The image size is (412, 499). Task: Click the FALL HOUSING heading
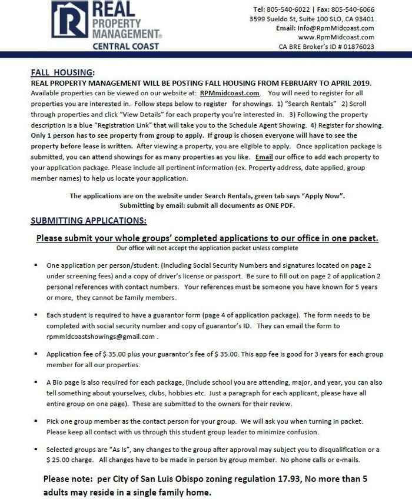(x=62, y=73)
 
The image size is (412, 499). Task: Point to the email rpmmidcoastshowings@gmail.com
(x=101, y=337)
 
